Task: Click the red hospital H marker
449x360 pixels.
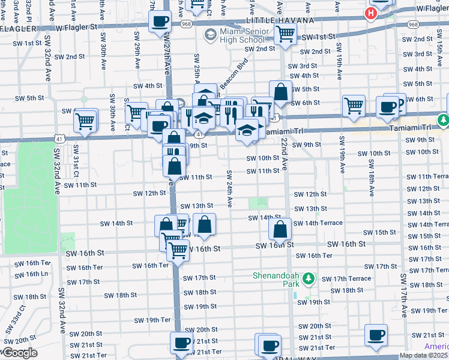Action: tap(372, 13)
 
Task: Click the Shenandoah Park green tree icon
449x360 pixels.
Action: tap(309, 278)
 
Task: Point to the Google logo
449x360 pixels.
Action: tap(19, 353)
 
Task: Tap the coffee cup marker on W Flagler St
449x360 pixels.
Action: tap(160, 22)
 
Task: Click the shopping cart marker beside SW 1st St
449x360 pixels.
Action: tap(285, 35)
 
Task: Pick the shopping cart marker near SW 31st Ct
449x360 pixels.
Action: tap(85, 121)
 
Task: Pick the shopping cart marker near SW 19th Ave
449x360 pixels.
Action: tap(354, 106)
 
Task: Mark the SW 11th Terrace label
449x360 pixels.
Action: tap(433, 176)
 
